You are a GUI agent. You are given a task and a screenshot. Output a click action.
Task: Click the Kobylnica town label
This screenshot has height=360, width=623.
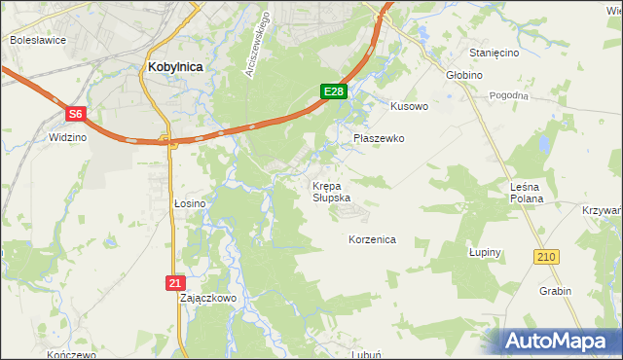[175, 66]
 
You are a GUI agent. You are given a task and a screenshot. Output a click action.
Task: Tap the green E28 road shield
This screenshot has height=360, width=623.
[334, 91]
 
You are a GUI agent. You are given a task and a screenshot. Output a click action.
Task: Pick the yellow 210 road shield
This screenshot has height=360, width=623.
[545, 256]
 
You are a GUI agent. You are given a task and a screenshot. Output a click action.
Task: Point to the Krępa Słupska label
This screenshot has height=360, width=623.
[330, 191]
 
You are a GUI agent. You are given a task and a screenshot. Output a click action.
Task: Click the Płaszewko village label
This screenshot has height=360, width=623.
[379, 138]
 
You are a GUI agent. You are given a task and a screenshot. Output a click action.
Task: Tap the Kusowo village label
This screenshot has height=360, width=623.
[409, 106]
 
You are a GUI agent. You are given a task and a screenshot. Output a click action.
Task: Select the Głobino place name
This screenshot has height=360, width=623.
[465, 74]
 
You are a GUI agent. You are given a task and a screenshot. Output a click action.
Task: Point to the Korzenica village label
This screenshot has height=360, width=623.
[372, 238]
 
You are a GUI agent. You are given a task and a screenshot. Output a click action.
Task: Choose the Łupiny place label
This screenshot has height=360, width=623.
[484, 252]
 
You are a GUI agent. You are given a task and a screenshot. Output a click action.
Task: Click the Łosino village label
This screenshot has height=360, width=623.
[190, 202]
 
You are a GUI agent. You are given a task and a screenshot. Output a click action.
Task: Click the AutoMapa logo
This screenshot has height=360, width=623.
[559, 342]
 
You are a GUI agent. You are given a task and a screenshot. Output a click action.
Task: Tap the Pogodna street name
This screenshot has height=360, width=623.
[508, 95]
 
